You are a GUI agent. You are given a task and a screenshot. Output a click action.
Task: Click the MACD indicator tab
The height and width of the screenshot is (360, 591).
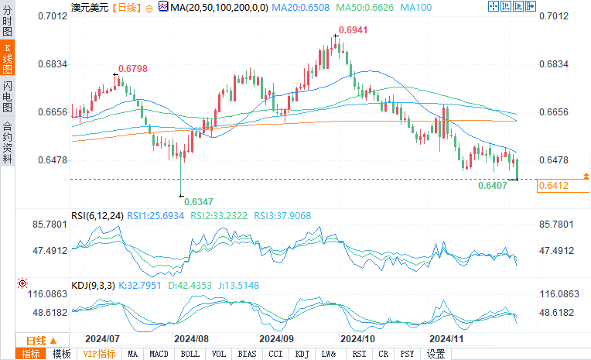(x=159, y=354)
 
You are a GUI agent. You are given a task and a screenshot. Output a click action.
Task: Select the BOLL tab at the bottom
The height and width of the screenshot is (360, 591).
(x=190, y=354)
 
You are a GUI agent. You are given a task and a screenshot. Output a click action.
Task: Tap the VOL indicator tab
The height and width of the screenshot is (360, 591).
(x=220, y=354)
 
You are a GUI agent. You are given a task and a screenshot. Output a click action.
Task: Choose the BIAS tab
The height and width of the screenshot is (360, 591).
(x=248, y=354)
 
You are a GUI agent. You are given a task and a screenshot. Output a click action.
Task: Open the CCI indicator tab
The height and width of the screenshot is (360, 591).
(x=275, y=354)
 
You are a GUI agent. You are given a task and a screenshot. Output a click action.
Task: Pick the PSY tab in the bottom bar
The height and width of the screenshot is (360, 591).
(x=408, y=354)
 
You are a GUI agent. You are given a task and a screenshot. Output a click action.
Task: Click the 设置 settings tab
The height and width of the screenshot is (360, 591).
(x=436, y=354)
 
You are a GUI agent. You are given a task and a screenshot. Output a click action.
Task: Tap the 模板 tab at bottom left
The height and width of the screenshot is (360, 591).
(x=61, y=354)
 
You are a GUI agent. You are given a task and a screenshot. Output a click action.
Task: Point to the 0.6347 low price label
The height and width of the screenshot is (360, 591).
(x=199, y=201)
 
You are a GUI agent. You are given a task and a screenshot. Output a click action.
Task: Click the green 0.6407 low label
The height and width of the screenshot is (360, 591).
(x=493, y=186)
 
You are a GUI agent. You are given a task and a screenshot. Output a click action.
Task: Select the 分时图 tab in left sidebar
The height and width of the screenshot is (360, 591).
(x=7, y=18)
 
